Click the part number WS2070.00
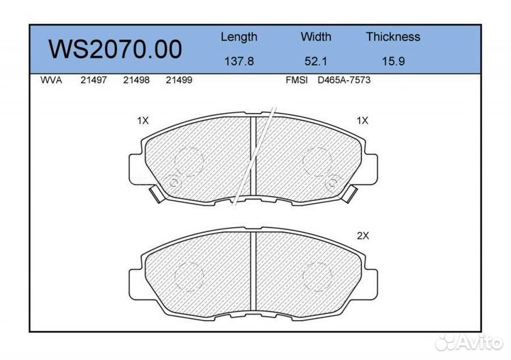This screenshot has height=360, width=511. click(x=115, y=50)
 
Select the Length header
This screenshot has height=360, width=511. click(x=238, y=37)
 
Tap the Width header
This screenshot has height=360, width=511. click(x=316, y=37)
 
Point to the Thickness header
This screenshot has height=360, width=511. click(x=392, y=37)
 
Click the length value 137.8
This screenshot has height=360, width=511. click(x=238, y=61)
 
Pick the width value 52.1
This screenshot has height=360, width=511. click(x=316, y=61)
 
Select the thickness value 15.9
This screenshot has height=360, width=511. click(x=392, y=61)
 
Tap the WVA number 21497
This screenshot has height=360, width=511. click(x=93, y=80)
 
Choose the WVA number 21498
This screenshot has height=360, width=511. click(x=136, y=80)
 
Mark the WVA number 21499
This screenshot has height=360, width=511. click(x=178, y=80)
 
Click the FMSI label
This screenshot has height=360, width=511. click(x=296, y=80)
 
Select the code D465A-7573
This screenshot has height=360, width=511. click(x=344, y=80)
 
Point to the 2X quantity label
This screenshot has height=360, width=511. click(x=363, y=237)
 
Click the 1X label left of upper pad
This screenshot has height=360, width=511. click(x=143, y=121)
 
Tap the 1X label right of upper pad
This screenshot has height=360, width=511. click(x=363, y=121)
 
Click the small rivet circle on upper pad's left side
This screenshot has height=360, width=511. click(x=172, y=182)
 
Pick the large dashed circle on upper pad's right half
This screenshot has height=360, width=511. click(x=317, y=160)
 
